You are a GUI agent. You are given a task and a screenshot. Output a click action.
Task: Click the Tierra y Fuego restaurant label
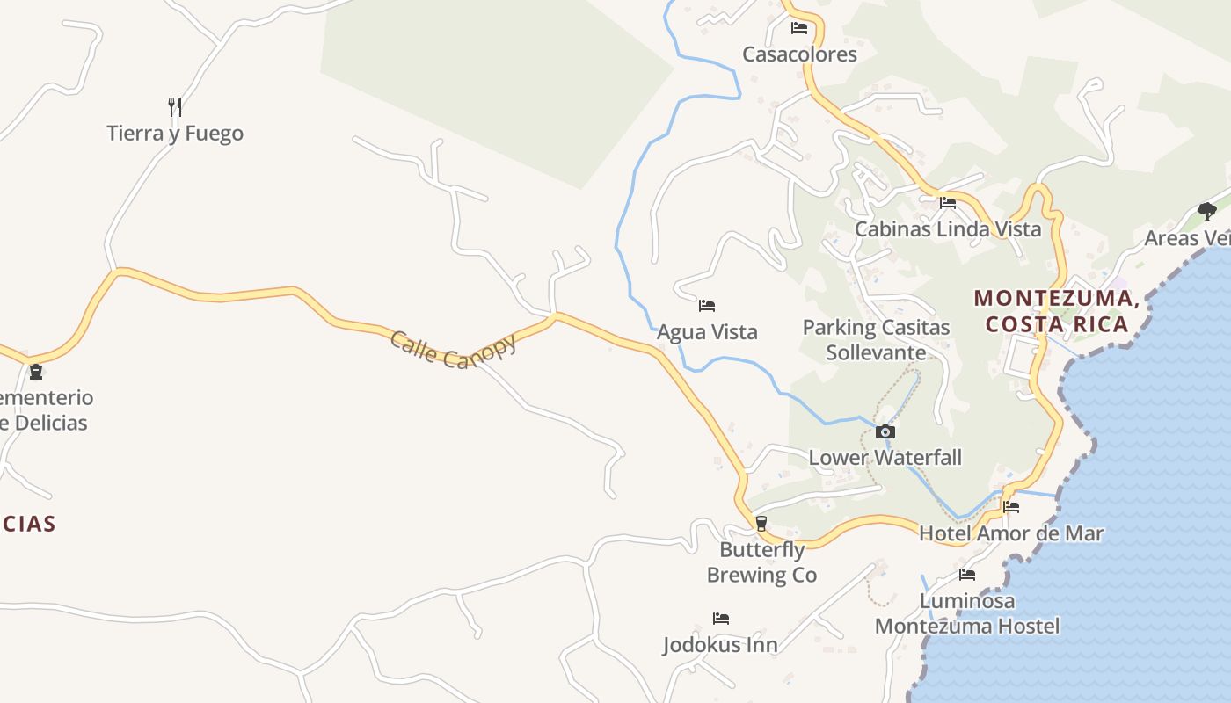[175, 134]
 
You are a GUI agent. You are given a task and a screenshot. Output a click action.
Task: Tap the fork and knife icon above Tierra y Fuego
[175, 107]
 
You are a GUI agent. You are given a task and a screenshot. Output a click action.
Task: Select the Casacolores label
[799, 54]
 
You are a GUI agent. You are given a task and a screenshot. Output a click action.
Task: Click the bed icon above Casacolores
[799, 28]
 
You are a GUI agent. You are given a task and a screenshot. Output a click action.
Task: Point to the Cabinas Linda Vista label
[948, 229]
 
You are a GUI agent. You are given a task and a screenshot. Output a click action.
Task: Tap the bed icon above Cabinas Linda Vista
[948, 203]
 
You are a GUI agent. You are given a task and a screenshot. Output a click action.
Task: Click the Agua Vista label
[707, 332]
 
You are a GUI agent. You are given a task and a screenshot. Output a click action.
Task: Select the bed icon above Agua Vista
[707, 306]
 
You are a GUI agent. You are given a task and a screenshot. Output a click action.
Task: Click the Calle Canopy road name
[453, 349]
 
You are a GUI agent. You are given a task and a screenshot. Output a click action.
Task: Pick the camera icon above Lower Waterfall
[885, 431]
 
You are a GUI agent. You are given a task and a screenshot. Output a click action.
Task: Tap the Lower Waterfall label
[885, 458]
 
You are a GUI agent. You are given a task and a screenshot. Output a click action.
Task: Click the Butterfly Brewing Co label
[762, 562]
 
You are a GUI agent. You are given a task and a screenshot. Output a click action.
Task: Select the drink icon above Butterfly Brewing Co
[761, 524]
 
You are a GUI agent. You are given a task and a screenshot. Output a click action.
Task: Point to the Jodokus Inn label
[720, 645]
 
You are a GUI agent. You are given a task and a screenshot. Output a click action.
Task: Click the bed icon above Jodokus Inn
[721, 619]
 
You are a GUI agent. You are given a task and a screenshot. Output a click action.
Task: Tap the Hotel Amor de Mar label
[1011, 533]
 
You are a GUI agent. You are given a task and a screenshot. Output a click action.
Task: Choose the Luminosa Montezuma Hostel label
[967, 613]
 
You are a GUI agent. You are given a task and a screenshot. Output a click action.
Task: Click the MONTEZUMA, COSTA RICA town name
[1057, 311]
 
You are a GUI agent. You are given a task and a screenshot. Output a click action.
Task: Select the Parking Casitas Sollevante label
[876, 340]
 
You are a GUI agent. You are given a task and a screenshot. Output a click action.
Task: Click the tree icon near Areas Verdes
[1207, 211]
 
